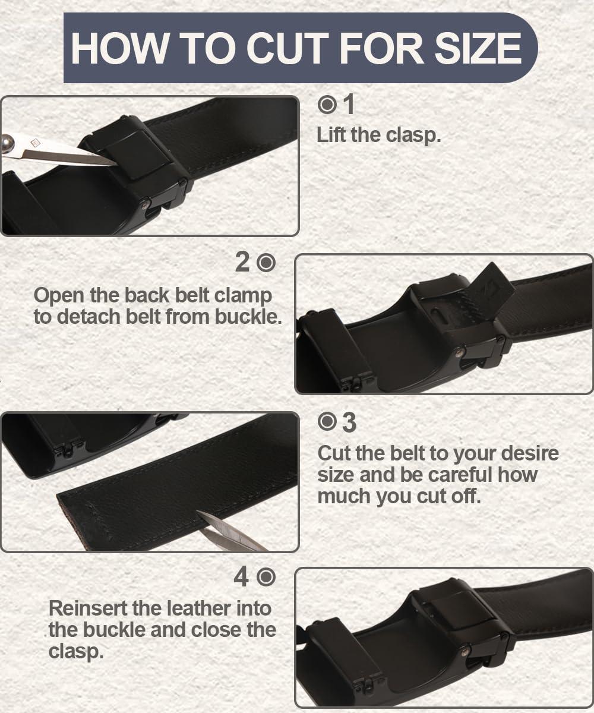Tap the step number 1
click(x=349, y=105)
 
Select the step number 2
click(x=242, y=262)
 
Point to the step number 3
click(x=349, y=422)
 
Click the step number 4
click(x=241, y=577)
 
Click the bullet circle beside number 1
click(x=327, y=105)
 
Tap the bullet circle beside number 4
click(x=267, y=577)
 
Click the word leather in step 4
click(x=179, y=608)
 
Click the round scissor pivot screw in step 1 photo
click(x=8, y=143)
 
